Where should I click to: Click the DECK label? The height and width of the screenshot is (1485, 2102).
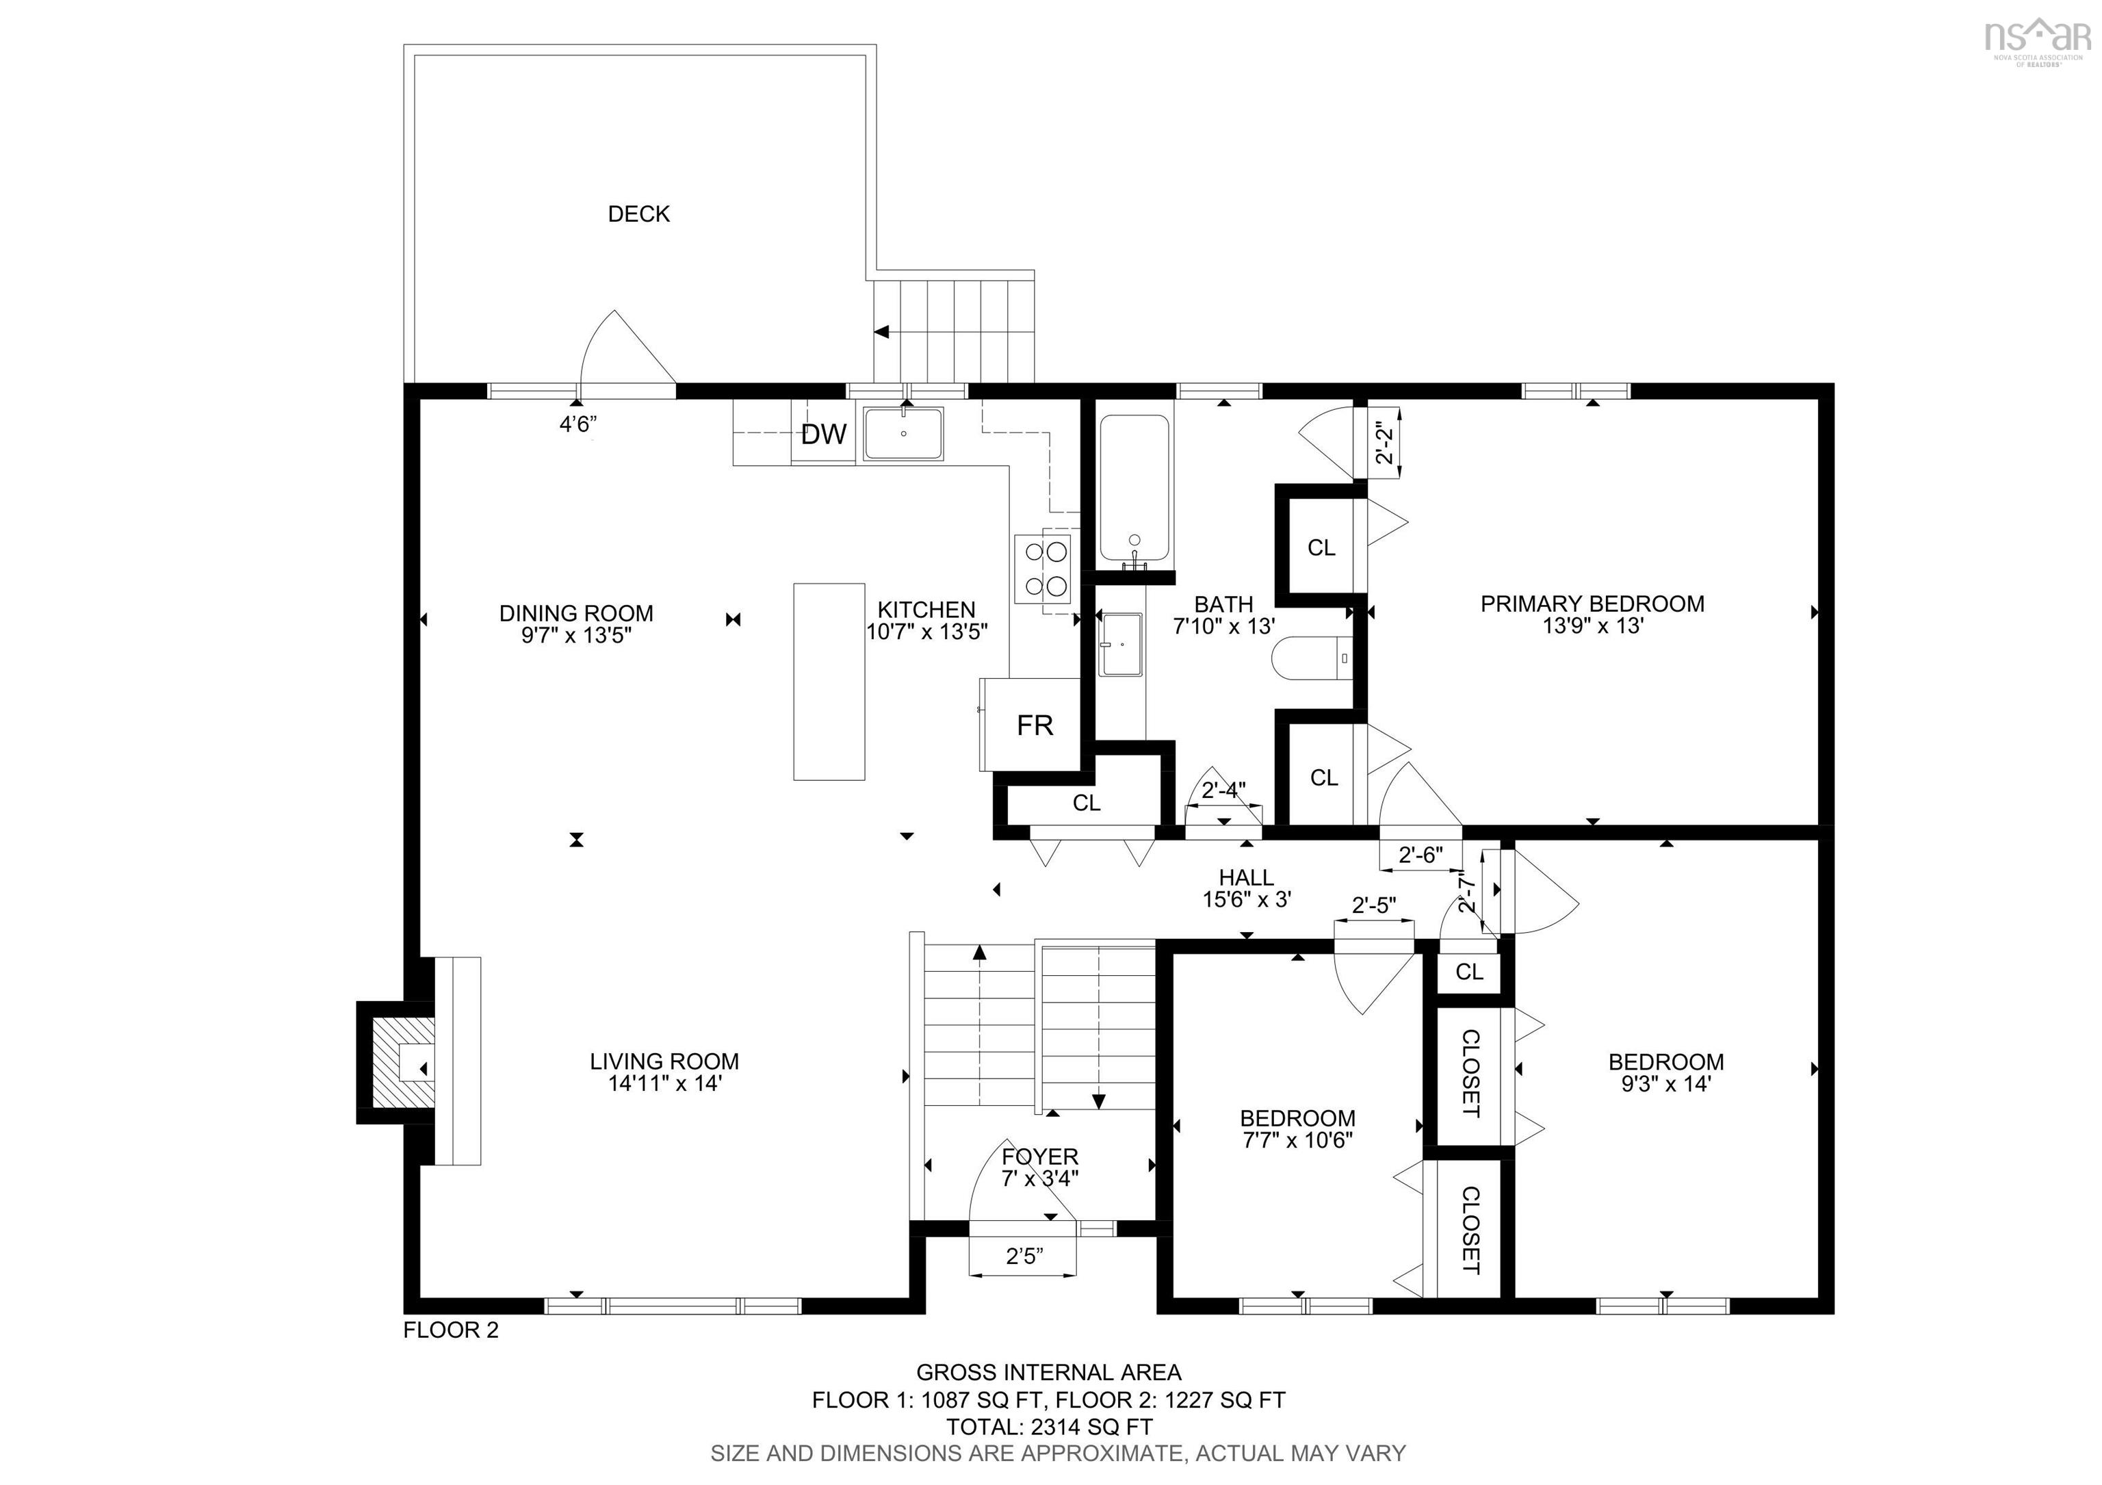(639, 214)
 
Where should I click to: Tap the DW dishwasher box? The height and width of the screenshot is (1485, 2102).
(824, 434)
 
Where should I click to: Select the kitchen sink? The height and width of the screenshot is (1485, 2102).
(904, 434)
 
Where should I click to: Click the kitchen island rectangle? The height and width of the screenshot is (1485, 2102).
(829, 681)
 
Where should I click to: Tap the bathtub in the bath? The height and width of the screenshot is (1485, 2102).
(1134, 490)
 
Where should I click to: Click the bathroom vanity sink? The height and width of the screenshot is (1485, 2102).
(1121, 645)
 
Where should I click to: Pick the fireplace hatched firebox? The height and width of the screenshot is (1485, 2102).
(403, 1062)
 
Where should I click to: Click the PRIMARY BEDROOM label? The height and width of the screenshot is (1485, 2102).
(1592, 604)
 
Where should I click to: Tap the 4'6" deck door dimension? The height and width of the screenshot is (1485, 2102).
(578, 425)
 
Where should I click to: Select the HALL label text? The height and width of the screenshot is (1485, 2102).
(1246, 878)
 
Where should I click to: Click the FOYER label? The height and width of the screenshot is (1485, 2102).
(1040, 1157)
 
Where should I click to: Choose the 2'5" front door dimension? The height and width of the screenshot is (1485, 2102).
(1024, 1256)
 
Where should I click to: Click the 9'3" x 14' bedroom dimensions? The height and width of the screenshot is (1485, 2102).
(1665, 1084)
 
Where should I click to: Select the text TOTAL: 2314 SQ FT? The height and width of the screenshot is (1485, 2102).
(1049, 1426)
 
